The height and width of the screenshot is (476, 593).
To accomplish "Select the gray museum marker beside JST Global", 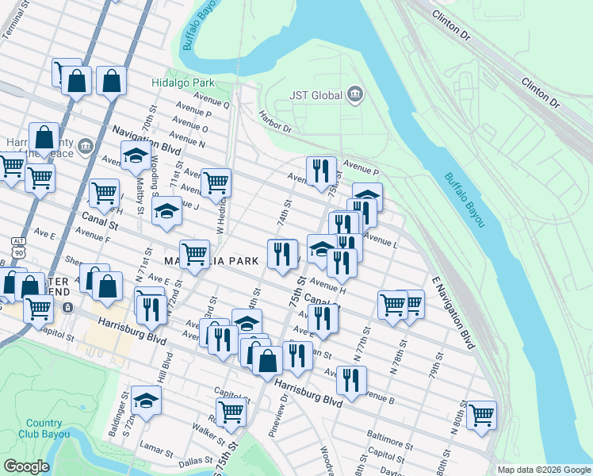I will pyautogui.click(x=354, y=96).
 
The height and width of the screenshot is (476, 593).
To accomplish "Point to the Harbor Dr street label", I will pyautogui.click(x=275, y=121).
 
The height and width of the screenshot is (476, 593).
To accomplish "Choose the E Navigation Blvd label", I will pyautogui.click(x=453, y=313).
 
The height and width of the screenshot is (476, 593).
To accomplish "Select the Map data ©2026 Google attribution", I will pyautogui.click(x=543, y=470).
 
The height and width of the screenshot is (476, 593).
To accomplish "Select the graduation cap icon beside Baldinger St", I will pyautogui.click(x=147, y=401).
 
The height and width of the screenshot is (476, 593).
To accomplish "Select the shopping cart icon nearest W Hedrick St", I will pyautogui.click(x=216, y=182).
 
